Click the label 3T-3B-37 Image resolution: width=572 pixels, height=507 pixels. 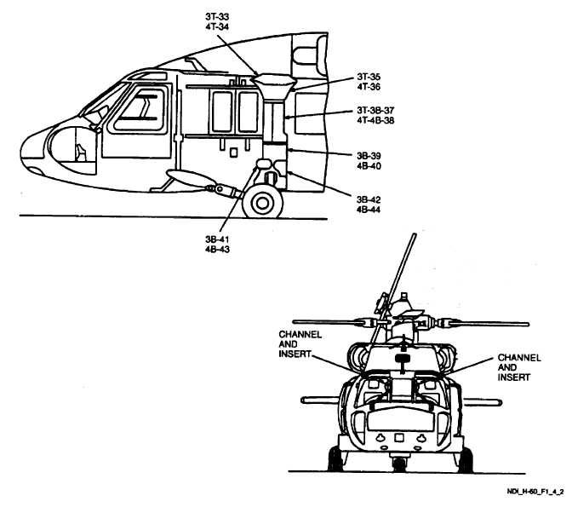click(x=375, y=112)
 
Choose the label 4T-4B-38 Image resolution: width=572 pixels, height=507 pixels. click(x=375, y=123)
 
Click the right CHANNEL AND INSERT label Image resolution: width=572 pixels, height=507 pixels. click(x=515, y=366)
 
